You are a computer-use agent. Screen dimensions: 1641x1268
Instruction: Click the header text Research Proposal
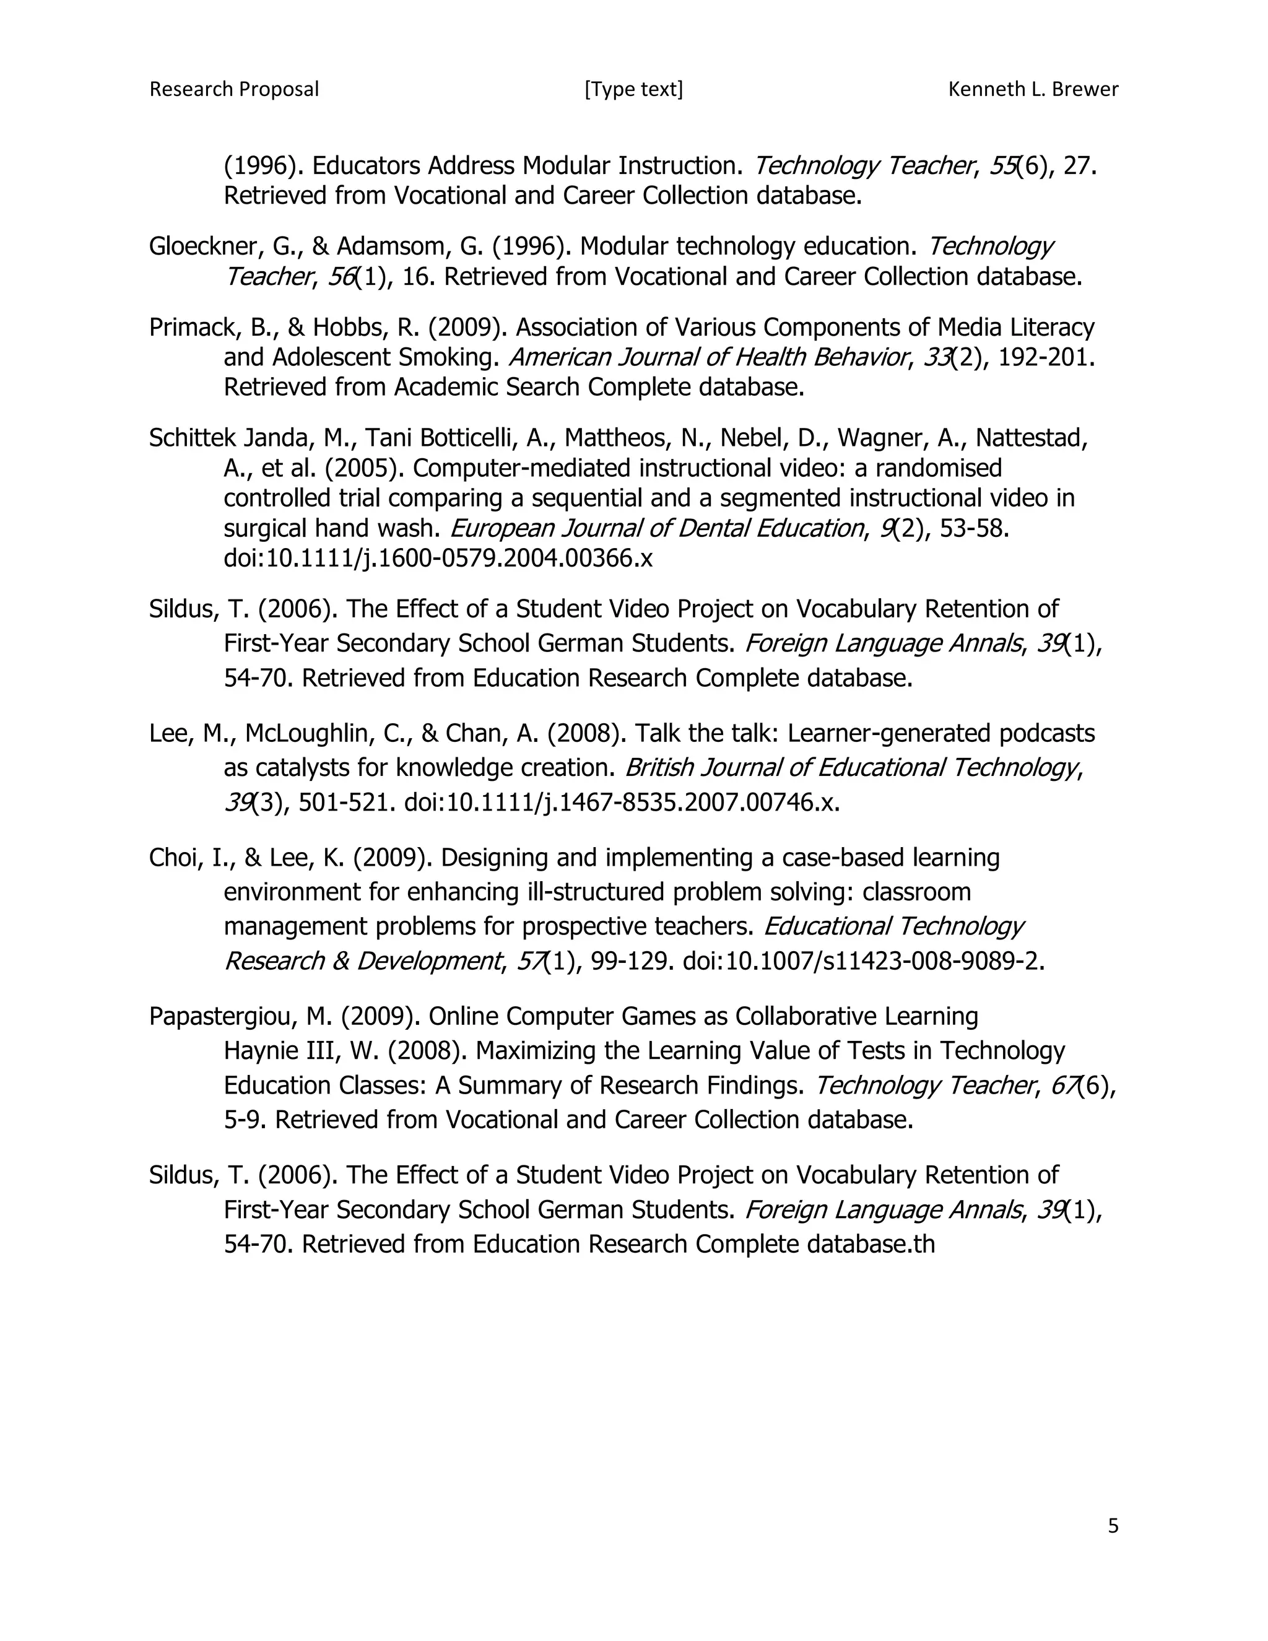click(233, 89)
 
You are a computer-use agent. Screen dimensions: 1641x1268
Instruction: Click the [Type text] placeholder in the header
click(633, 89)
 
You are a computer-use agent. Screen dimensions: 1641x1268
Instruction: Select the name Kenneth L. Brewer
click(1033, 89)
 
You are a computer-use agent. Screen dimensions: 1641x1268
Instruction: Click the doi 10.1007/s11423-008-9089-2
click(864, 961)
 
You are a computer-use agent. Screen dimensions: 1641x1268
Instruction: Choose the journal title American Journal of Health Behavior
click(708, 357)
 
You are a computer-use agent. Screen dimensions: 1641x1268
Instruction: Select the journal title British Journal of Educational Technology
click(852, 768)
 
